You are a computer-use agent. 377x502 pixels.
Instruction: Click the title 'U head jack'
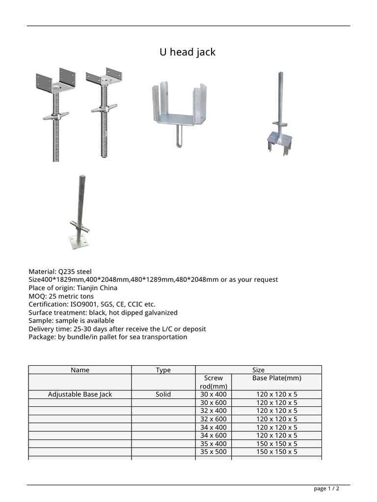188,52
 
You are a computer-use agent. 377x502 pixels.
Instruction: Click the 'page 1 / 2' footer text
326,488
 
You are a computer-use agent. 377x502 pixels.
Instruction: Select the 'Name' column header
80,370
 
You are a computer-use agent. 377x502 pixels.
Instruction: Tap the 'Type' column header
163,370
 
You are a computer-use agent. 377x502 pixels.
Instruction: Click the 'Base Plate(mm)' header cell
276,378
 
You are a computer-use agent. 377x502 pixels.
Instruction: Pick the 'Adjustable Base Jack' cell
80,394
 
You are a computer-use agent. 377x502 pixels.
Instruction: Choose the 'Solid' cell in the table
163,394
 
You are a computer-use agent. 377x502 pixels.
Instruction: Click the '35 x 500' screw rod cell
214,452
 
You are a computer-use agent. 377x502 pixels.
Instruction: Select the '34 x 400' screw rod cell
214,427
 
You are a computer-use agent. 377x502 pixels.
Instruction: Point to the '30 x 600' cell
214,402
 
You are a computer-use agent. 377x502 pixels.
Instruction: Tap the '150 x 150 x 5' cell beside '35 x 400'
276,443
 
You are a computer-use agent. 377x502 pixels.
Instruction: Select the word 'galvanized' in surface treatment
160,312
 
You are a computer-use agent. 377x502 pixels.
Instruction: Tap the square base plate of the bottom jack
79,241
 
